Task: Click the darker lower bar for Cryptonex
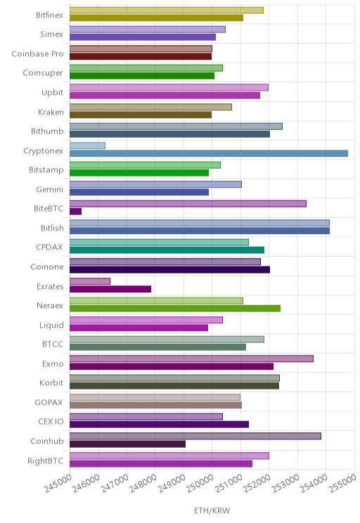(x=209, y=153)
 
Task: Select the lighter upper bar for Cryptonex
(x=87, y=146)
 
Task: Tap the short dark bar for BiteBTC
(x=76, y=212)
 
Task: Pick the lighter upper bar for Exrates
(x=90, y=281)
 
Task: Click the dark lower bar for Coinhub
(x=128, y=444)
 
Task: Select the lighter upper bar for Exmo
(x=191, y=359)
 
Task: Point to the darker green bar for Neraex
(x=175, y=309)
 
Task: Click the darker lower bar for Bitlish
(x=200, y=231)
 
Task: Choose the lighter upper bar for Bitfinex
(x=167, y=11)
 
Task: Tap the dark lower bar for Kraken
(x=141, y=115)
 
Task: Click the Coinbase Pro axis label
(x=37, y=53)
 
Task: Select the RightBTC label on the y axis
(x=46, y=460)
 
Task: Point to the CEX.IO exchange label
(x=51, y=422)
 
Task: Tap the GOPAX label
(x=49, y=403)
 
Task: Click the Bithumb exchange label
(x=47, y=131)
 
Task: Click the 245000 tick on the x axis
(x=58, y=484)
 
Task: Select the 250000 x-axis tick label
(x=200, y=484)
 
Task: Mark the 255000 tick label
(x=342, y=484)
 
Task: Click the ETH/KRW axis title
(x=212, y=510)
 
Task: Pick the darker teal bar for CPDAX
(x=167, y=250)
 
